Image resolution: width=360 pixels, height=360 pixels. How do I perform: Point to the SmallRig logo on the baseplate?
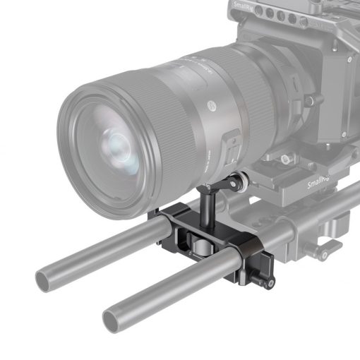[318, 185]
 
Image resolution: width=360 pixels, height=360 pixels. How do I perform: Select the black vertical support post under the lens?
[209, 211]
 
